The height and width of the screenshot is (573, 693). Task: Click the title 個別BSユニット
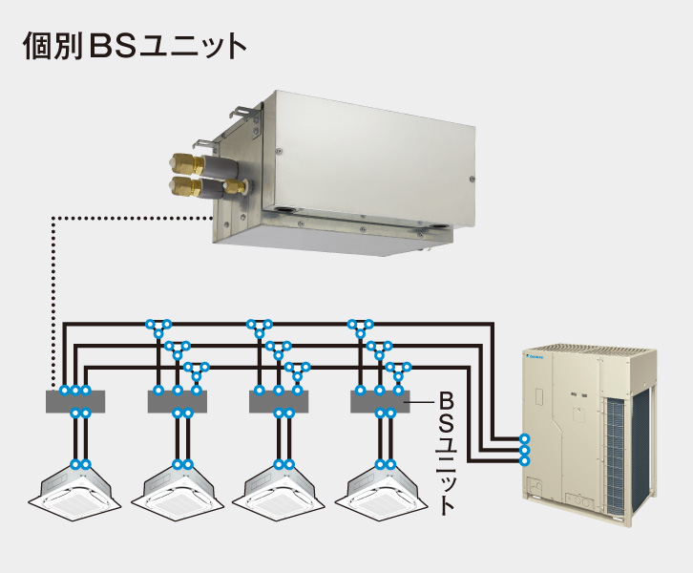pos(135,47)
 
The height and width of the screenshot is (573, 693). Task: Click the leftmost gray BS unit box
pos(75,402)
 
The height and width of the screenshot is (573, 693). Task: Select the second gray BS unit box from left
pos(178,402)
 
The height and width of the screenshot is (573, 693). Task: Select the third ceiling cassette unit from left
pos(279,488)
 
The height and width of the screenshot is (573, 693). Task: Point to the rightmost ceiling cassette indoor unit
pos(381,488)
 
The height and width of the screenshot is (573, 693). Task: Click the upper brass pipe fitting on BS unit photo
pos(184,159)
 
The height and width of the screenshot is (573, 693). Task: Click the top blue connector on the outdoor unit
pos(523,438)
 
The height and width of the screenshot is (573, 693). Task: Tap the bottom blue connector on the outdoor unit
pos(523,460)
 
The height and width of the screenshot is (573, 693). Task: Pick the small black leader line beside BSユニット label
pos(421,403)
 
